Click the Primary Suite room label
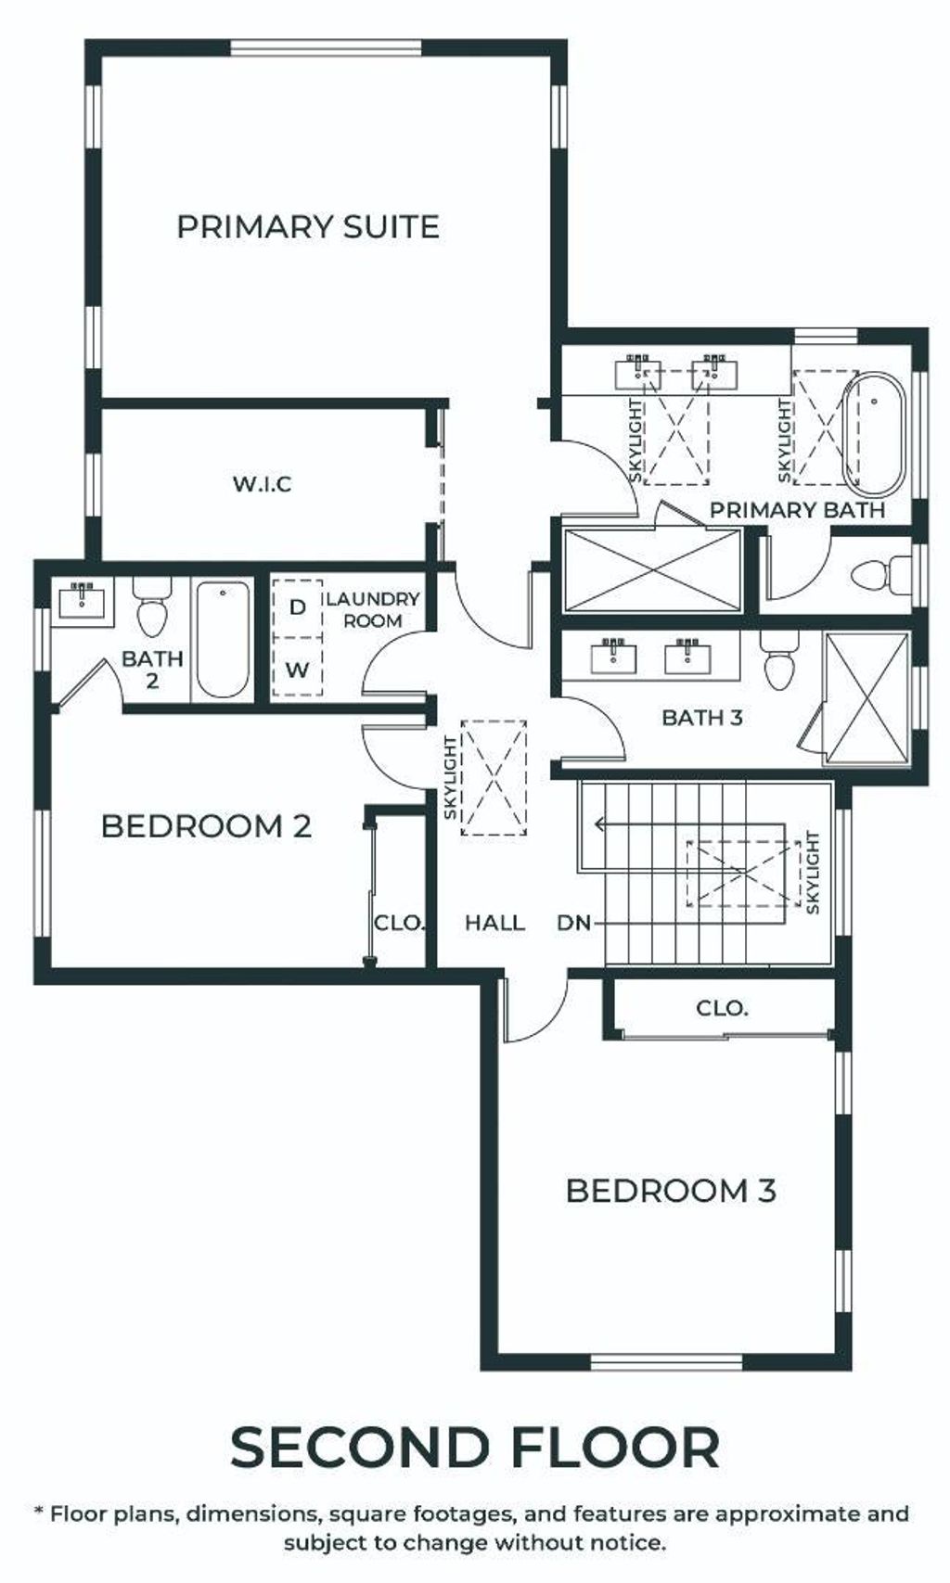[x=308, y=227]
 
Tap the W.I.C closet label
[x=262, y=484]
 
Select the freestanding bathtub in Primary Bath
[x=873, y=432]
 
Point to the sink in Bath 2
[x=83, y=601]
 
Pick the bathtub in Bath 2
[x=223, y=639]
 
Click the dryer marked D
[x=298, y=607]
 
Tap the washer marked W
[x=298, y=668]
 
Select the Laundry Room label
[x=373, y=609]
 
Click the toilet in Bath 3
[x=779, y=662]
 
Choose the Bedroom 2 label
[x=206, y=826]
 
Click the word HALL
[x=494, y=922]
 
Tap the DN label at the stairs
[x=574, y=922]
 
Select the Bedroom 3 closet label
[x=722, y=1008]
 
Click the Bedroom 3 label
[x=671, y=1191]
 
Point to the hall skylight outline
[x=494, y=779]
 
